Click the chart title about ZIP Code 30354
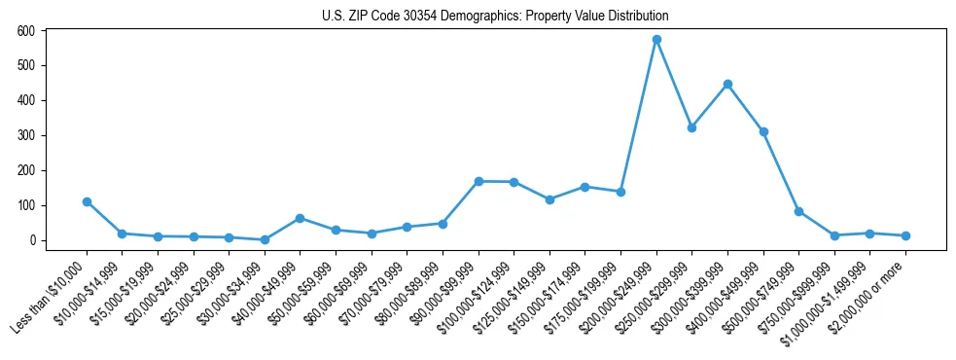495,16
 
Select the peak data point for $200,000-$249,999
656,40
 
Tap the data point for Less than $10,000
87,201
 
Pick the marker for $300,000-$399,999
727,84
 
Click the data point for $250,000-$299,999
691,127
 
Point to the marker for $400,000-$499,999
763,131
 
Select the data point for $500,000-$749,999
798,211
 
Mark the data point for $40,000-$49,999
300,218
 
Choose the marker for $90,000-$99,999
478,181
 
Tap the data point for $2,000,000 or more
905,235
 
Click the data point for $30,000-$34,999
265,239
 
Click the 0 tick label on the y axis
32,240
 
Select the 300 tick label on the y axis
27,135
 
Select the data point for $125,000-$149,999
549,199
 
